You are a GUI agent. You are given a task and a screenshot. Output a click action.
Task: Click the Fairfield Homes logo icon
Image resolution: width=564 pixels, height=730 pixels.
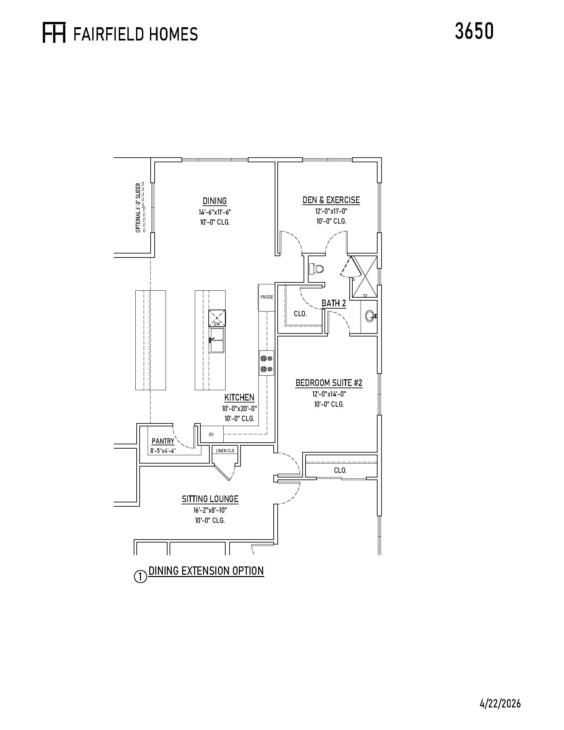tap(54, 33)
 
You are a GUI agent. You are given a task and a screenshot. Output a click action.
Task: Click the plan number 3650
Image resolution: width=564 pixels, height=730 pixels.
tap(474, 32)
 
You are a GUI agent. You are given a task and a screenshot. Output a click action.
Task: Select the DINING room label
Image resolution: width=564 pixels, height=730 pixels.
tap(215, 201)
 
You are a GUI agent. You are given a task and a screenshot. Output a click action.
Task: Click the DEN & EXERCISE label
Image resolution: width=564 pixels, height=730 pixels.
tap(331, 200)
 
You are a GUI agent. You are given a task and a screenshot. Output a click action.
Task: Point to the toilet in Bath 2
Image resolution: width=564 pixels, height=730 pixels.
tap(317, 268)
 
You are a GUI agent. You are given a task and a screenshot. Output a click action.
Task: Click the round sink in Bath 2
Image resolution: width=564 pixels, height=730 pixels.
tap(370, 316)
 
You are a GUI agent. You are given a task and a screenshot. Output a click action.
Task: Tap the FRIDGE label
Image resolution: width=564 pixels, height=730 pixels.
tap(267, 297)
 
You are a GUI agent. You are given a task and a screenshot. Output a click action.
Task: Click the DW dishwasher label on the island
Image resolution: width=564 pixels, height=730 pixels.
tap(217, 324)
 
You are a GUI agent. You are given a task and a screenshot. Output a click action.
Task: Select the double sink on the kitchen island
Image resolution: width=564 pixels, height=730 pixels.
tap(217, 340)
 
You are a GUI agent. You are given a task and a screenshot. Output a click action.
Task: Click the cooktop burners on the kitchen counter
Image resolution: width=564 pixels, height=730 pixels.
tap(267, 364)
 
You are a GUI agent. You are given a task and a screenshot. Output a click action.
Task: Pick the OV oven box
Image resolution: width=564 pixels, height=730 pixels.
tap(212, 435)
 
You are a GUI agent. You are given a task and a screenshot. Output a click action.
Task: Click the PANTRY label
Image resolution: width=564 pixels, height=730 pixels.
tap(163, 441)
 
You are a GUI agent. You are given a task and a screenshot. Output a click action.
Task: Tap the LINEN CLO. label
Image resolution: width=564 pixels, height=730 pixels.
tap(226, 451)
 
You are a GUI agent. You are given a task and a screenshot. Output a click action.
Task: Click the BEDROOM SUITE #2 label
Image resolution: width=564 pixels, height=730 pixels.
tap(329, 383)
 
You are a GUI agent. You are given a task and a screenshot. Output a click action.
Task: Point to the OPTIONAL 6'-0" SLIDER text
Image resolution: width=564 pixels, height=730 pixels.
tap(138, 208)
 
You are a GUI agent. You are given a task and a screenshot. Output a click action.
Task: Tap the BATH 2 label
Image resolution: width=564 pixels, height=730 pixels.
tap(334, 303)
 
